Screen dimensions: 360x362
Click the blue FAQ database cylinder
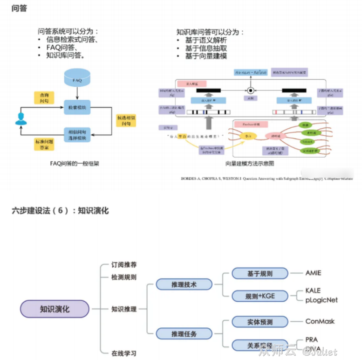pos(77,78)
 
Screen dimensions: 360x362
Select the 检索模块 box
pos(77,108)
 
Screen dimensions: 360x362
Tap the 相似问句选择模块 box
pos(77,134)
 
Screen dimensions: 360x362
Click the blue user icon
pos(21,119)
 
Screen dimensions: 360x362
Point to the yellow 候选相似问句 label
pos(126,120)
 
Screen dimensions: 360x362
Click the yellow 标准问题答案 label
pos(44,144)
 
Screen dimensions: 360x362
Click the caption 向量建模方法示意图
pos(250,164)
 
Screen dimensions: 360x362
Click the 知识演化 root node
pos(55,309)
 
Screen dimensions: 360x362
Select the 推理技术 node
pos(184,284)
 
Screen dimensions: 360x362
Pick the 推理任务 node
pos(184,334)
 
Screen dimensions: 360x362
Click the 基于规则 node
pos(260,274)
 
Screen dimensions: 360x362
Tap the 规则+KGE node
pos(260,296)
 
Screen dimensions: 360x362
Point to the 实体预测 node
pos(260,322)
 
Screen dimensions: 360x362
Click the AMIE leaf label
pos(313,273)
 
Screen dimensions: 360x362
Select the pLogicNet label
pos(321,300)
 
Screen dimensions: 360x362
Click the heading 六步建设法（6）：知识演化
pos(60,211)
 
